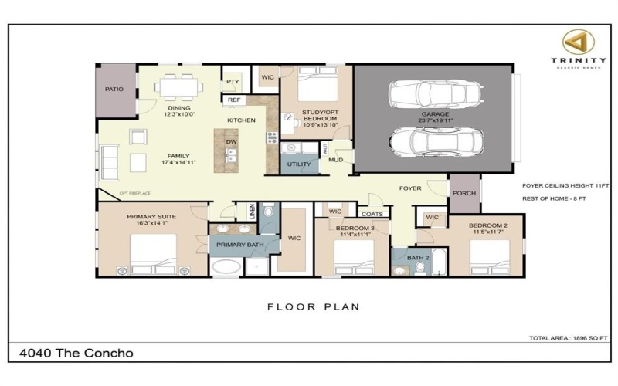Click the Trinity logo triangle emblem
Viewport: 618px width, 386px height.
(x=572, y=40)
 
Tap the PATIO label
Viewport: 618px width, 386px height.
(x=114, y=90)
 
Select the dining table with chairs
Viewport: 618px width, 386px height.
(x=178, y=83)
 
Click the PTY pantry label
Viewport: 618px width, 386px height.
(x=232, y=81)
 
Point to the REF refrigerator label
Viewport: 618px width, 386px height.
(x=233, y=100)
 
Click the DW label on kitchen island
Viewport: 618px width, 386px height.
(x=231, y=142)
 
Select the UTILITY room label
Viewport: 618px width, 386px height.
(x=299, y=164)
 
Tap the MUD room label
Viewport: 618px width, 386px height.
(x=336, y=161)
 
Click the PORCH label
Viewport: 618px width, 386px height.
(x=464, y=194)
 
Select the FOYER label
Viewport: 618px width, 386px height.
(x=409, y=188)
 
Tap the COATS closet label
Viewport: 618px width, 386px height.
(x=372, y=214)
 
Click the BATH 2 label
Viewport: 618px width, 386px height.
(x=418, y=257)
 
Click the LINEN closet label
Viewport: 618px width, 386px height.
(x=252, y=212)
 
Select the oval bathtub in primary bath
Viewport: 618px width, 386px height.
(x=226, y=267)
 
